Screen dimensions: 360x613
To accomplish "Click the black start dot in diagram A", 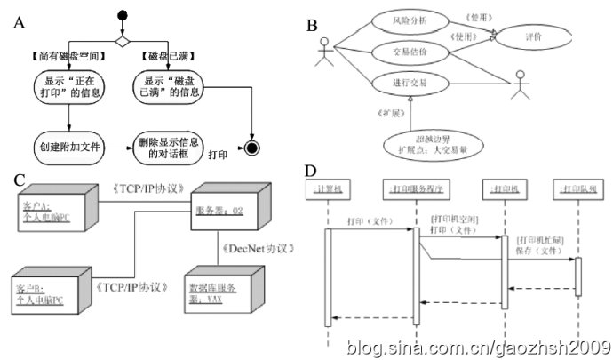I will pos(123,14).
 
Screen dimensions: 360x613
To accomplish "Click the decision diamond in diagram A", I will pos(123,39).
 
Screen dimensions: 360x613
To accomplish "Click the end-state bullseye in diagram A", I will pos(253,146).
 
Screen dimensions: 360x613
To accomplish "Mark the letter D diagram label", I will pos(310,170).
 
